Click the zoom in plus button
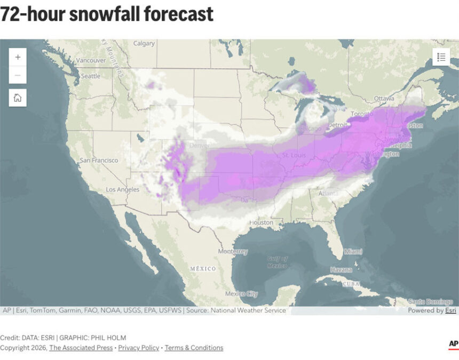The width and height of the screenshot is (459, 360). coord(18,57)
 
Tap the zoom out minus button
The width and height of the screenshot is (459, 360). coord(18,75)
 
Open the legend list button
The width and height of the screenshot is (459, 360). coord(441,57)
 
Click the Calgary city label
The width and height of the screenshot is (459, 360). coord(144,44)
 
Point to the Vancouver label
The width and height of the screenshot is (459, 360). coord(91,61)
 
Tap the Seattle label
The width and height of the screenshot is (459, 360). coord(91,76)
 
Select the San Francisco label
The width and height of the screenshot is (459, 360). coord(99,160)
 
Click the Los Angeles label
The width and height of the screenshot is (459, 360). coord(122,189)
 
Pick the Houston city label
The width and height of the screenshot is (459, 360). coord(261,222)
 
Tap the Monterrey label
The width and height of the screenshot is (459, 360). coord(233,251)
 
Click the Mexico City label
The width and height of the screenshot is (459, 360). coord(241,294)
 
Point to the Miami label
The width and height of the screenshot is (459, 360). coord(353,251)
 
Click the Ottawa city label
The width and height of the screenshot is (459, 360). coord(384,99)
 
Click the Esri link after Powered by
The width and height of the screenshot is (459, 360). coord(451,310)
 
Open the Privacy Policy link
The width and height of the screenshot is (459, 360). coord(139,348)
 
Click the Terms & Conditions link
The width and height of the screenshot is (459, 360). coord(194,348)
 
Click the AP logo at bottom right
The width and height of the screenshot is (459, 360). coord(453,344)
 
